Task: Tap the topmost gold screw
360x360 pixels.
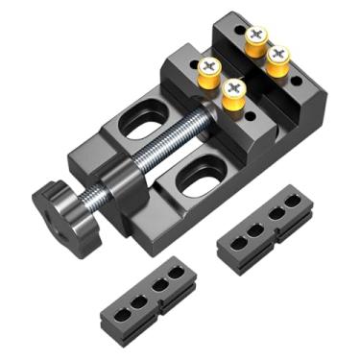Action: (x=255, y=38)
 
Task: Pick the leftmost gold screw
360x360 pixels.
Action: (x=209, y=71)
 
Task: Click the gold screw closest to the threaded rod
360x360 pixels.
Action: (x=233, y=93)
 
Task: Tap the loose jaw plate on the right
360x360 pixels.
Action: (x=265, y=230)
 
